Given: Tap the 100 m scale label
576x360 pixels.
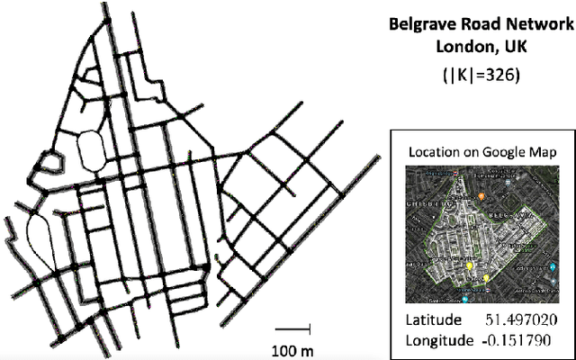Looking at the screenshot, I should tap(292, 347).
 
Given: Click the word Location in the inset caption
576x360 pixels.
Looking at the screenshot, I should tap(435, 153).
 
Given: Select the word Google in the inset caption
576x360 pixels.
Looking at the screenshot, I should tap(509, 153).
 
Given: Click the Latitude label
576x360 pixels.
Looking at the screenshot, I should tap(433, 320).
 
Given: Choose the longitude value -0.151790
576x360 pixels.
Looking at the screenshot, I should tap(517, 340).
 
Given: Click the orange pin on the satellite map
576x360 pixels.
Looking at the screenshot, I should tap(482, 194).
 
